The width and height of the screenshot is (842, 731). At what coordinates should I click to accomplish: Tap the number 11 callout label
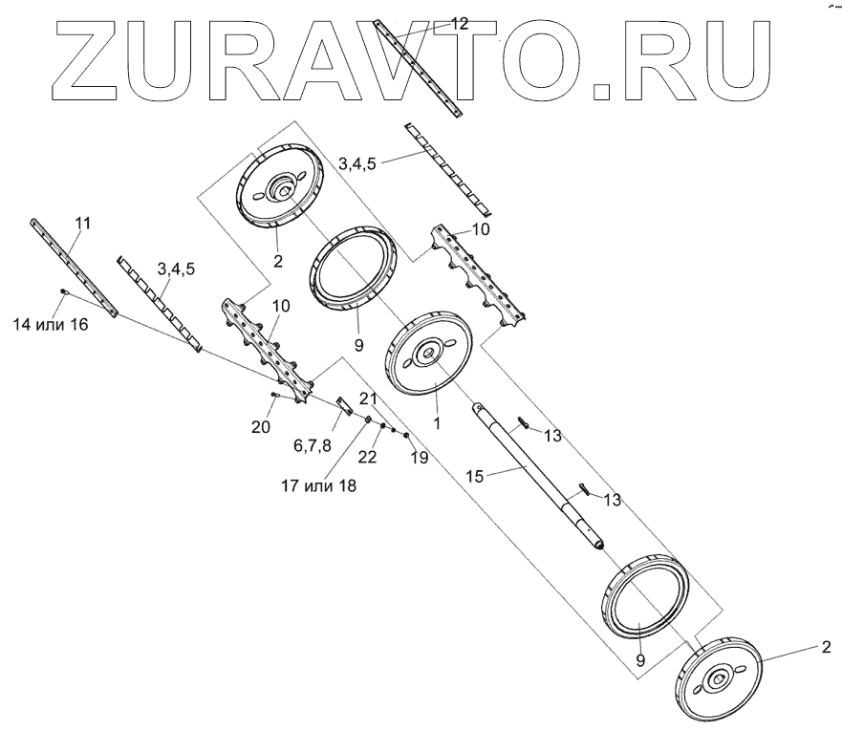tap(83, 223)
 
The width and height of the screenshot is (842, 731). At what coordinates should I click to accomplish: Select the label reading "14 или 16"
tap(50, 325)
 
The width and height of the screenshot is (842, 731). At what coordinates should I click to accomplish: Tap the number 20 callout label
tap(260, 428)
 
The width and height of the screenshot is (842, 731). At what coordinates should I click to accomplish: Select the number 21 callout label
tap(369, 398)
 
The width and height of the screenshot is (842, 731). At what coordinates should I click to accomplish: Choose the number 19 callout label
tap(419, 459)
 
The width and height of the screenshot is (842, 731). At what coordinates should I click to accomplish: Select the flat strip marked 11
tap(73, 267)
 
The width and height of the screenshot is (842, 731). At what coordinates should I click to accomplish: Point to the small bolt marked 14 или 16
tap(63, 290)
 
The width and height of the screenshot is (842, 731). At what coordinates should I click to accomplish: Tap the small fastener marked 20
tap(274, 395)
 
